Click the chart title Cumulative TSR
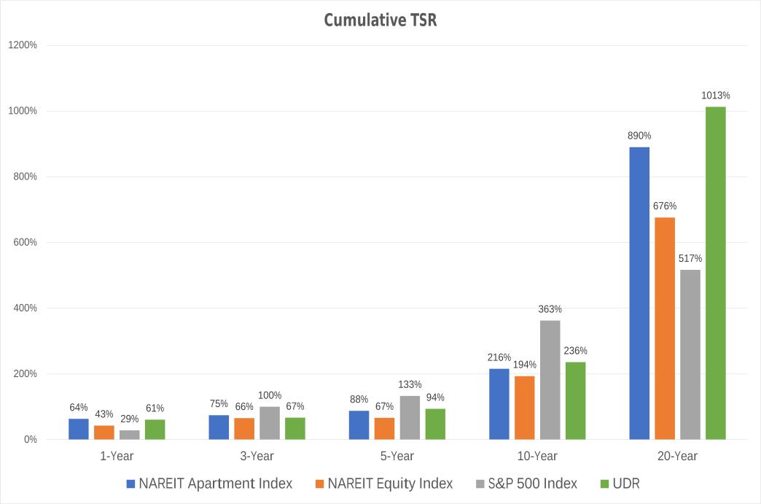[380, 20]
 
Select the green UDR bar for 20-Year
[715, 273]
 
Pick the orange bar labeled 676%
[665, 328]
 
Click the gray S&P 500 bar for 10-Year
[550, 379]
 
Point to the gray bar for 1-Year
[130, 435]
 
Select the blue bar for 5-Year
[359, 425]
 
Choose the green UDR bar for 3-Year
[295, 428]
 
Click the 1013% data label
[715, 96]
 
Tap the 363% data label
[550, 309]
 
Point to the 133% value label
[410, 384]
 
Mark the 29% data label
[130, 419]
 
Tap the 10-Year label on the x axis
[536, 457]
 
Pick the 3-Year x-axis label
[257, 457]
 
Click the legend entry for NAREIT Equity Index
[390, 484]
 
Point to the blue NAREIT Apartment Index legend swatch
[131, 484]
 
